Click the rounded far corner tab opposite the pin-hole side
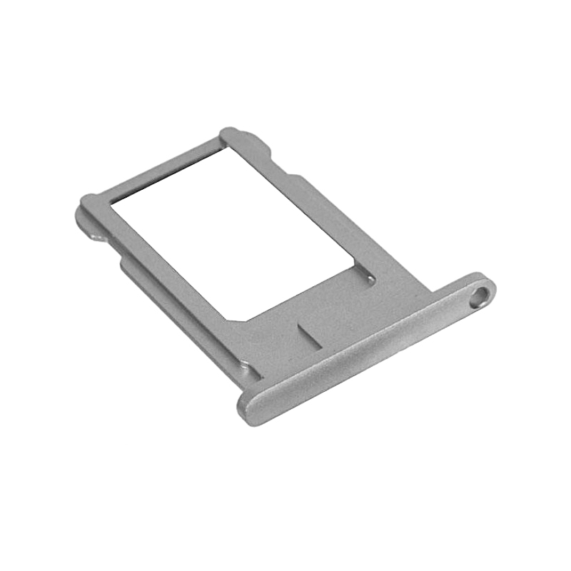pos(87,207)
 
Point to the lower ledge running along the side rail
pos(178,314)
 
